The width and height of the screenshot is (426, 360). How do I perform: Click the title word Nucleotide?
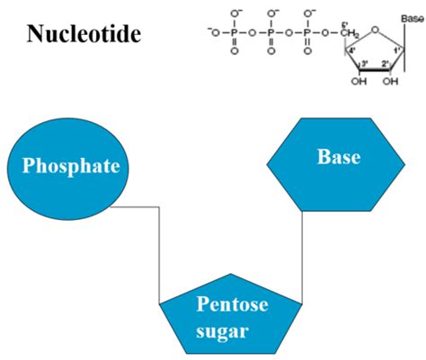point(84,35)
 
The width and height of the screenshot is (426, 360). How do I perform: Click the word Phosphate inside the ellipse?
point(72,167)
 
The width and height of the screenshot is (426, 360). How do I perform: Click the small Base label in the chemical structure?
point(413,17)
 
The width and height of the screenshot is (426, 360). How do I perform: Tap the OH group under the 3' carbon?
point(359,82)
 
